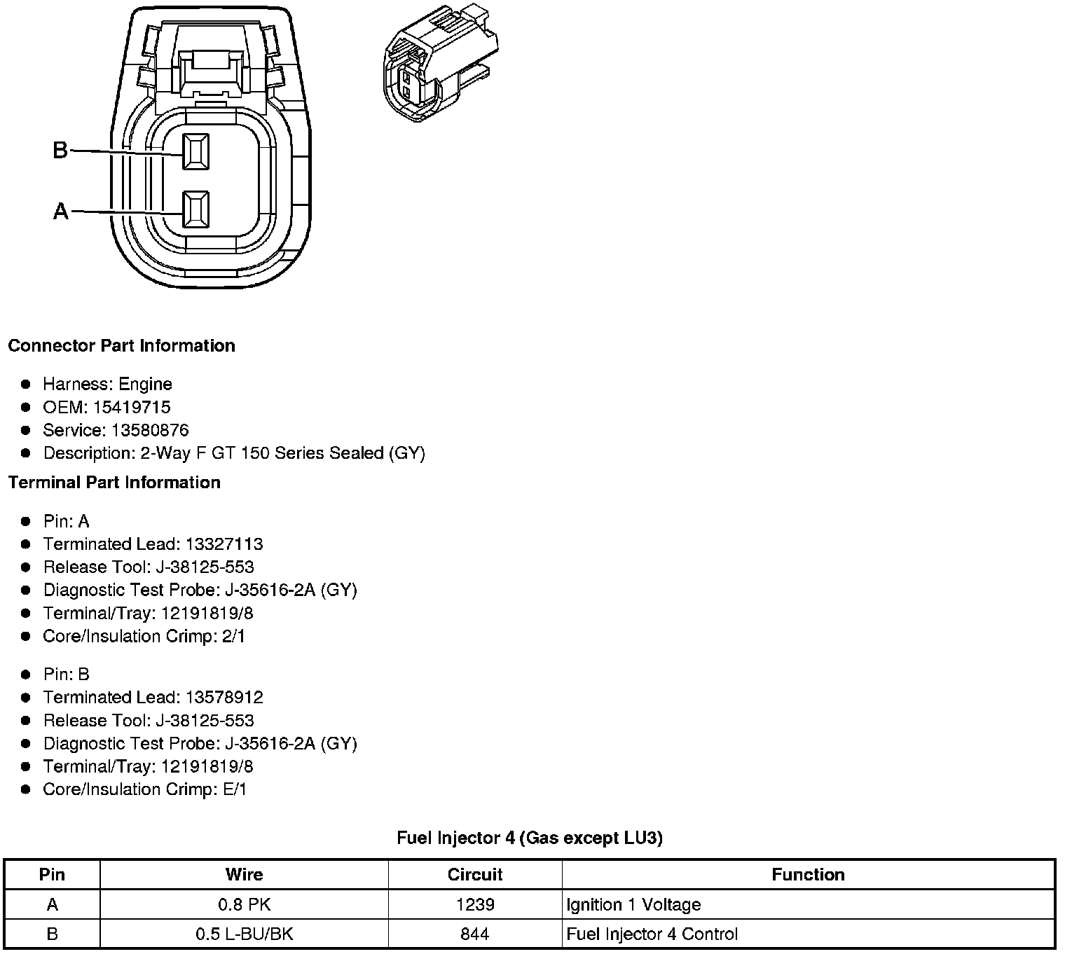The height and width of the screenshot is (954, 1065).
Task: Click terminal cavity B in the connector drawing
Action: click(x=195, y=151)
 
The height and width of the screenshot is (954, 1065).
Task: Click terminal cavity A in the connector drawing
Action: click(x=195, y=209)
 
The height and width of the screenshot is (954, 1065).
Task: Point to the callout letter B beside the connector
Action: click(x=60, y=150)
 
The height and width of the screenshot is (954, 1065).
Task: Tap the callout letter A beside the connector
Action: click(x=61, y=211)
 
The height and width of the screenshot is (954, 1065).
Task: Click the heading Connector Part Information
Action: click(x=121, y=346)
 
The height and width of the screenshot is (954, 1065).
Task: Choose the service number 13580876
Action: click(x=150, y=430)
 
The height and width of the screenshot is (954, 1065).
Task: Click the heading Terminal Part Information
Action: click(x=114, y=483)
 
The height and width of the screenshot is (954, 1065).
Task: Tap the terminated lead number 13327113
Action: click(x=224, y=544)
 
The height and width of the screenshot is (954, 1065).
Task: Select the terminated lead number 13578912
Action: click(x=224, y=698)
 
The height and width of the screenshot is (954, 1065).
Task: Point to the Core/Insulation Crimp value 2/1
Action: click(x=233, y=636)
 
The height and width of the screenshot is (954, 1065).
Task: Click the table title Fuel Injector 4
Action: click(x=530, y=837)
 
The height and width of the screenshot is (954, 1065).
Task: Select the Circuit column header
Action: click(x=475, y=875)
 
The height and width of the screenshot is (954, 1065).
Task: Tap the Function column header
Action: click(x=808, y=875)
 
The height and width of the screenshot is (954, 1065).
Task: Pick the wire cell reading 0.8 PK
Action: click(x=244, y=905)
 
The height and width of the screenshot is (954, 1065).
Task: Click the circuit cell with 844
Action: click(x=475, y=934)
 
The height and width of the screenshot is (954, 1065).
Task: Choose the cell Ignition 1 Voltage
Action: click(x=633, y=905)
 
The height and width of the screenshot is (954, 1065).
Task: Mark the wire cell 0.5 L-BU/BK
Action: click(x=244, y=934)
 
